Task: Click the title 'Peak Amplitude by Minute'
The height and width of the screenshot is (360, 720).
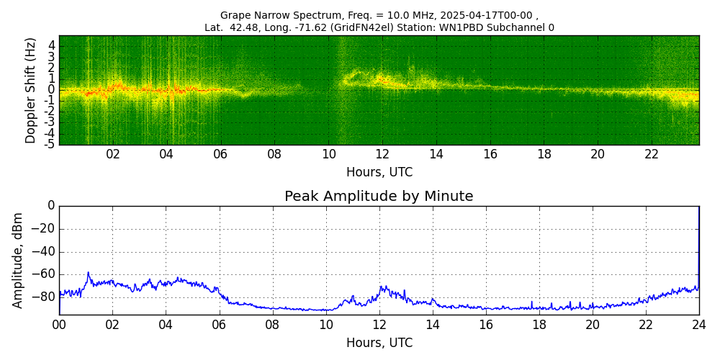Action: pos(379,197)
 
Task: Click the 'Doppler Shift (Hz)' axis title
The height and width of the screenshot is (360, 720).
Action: pos(31,90)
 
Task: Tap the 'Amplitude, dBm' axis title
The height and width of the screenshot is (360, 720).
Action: pos(18,260)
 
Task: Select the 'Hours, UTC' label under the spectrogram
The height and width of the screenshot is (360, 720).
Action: pos(379,173)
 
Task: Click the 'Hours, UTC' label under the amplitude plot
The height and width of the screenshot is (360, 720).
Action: pos(379,343)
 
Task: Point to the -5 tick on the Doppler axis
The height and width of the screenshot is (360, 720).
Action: pos(50,144)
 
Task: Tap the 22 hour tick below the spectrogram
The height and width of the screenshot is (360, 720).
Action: pos(652,155)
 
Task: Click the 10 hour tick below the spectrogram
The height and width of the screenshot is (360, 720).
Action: pos(328,155)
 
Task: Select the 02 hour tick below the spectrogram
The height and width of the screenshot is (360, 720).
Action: pos(113,155)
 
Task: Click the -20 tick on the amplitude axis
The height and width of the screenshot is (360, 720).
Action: pos(45,229)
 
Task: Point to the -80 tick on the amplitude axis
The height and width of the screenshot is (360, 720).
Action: pos(45,296)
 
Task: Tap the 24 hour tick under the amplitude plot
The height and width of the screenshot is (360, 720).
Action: pos(698,325)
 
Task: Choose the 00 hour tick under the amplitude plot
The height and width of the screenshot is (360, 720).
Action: pos(59,325)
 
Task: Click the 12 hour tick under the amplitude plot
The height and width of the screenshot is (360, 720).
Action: pos(379,325)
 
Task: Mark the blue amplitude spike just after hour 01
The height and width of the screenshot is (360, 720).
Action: pos(89,273)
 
